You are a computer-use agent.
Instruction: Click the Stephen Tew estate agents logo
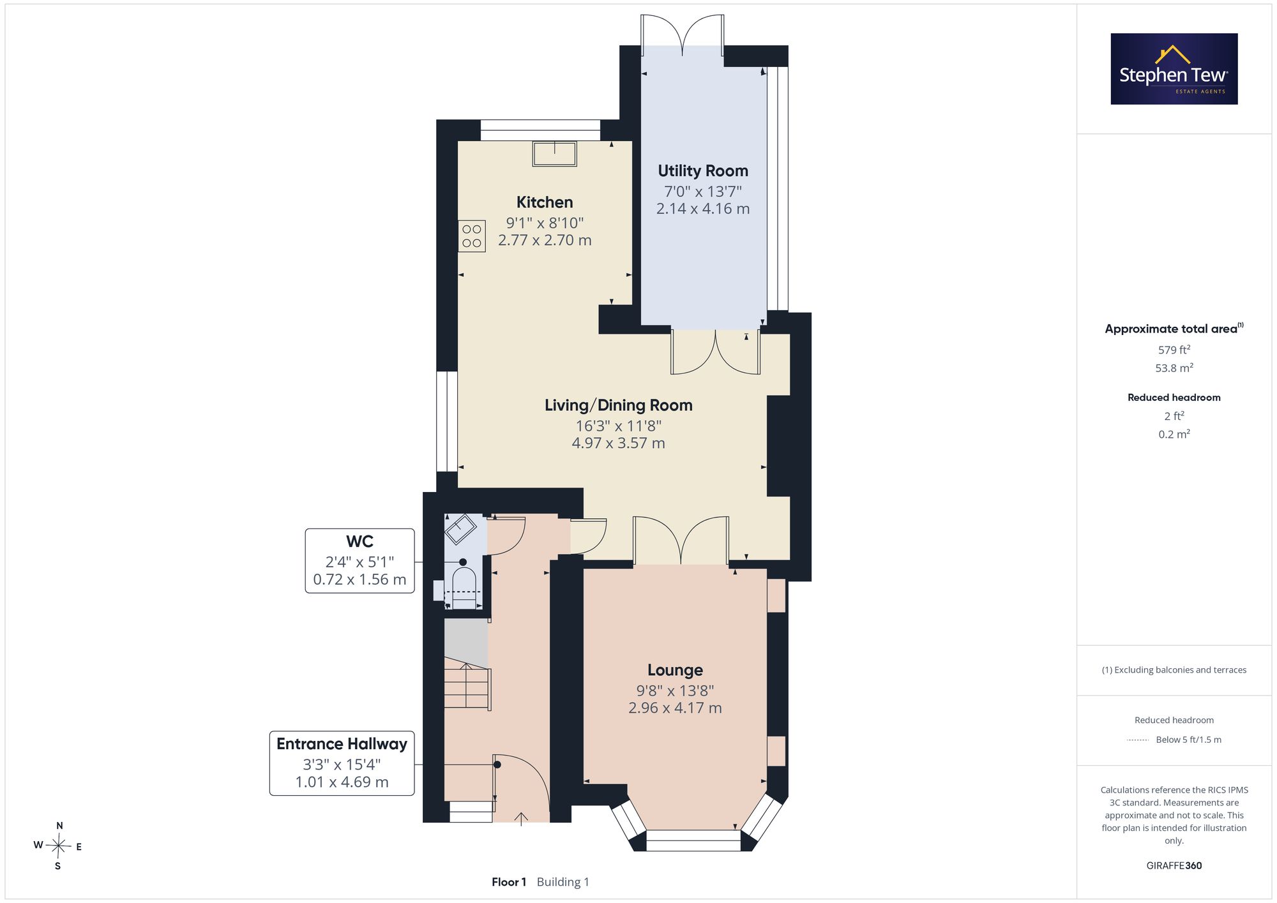[1174, 69]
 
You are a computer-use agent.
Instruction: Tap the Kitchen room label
[545, 202]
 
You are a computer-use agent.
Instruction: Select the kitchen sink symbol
[555, 154]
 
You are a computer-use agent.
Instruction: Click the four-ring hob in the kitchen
[472, 236]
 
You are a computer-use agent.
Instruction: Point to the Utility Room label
[703, 171]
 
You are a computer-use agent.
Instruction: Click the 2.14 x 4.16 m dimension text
[703, 209]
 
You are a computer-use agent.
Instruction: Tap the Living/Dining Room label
[619, 405]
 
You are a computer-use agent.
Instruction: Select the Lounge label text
[675, 670]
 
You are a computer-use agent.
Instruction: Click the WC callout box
[359, 561]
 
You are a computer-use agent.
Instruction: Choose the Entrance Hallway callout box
[342, 763]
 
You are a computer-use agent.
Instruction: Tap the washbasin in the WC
[460, 528]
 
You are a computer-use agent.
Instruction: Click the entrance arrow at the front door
[521, 819]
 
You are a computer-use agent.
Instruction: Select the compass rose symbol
[58, 846]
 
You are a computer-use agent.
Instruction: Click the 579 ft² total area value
[1174, 350]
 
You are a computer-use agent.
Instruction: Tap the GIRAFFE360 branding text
[1174, 866]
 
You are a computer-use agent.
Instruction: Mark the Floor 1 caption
[509, 882]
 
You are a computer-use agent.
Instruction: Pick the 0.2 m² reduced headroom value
[1174, 434]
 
